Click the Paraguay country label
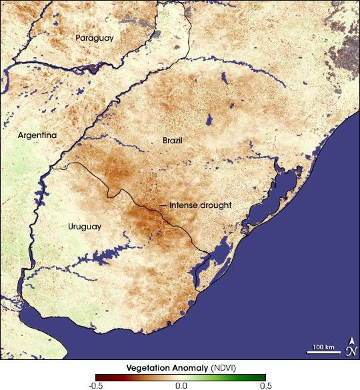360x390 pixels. pos(94,38)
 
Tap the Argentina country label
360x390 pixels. pos(37,135)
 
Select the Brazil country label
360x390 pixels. pos(172,141)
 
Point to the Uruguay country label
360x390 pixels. pos(85,227)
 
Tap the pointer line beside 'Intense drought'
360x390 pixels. pos(163,205)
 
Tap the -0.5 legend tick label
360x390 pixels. pos(95,385)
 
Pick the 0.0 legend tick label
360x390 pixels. pos(180,385)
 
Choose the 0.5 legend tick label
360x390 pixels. pos(265,385)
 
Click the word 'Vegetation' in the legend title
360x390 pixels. pos(147,367)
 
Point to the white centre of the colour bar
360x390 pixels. pos(180,377)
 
